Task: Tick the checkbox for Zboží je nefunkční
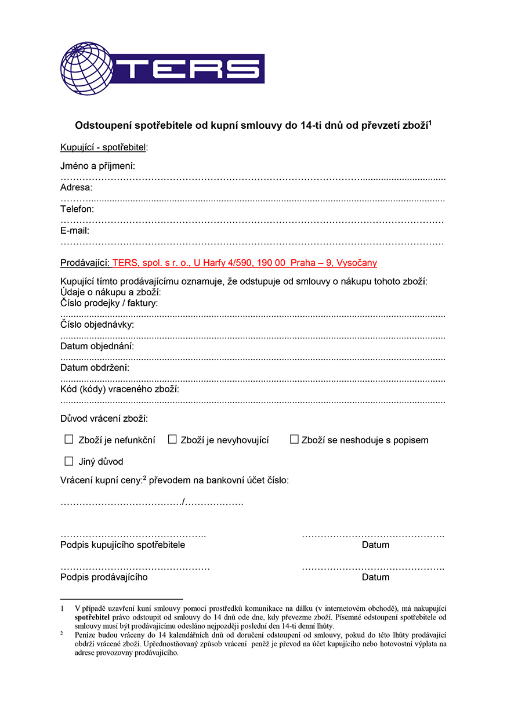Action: pos(69,440)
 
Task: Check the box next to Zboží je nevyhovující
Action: pos(172,440)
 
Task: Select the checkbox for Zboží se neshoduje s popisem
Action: pos(294,440)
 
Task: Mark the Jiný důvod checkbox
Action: pos(69,461)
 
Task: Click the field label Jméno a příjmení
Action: pos(97,166)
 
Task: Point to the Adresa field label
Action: pos(76,187)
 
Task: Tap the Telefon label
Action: pos(77,209)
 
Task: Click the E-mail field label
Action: pos(75,230)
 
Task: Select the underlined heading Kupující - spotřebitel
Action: pos(104,147)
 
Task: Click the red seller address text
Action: pos(244,263)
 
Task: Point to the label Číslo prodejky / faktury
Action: pos(109,303)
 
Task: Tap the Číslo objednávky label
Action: pos(97,324)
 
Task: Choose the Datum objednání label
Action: pos(97,346)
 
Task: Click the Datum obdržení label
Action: pos(95,368)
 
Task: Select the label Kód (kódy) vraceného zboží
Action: pos(119,389)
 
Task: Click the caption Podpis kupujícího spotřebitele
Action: pos(122,545)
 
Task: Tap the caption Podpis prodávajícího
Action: pos(104,577)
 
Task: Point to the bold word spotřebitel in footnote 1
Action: pos(92,617)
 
